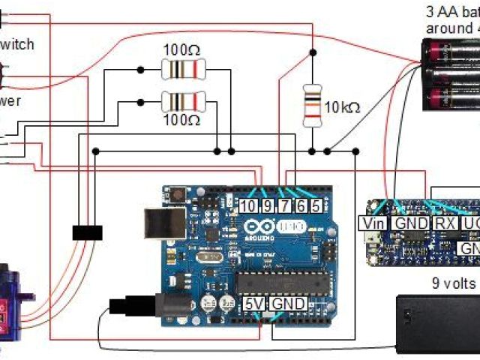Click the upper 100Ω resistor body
click(182, 70)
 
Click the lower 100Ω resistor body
click(182, 100)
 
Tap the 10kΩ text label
click(342, 107)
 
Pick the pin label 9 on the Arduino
click(267, 205)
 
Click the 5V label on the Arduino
click(253, 304)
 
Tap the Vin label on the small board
click(373, 223)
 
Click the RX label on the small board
click(444, 223)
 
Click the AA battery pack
click(450, 75)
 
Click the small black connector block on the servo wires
click(87, 232)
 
